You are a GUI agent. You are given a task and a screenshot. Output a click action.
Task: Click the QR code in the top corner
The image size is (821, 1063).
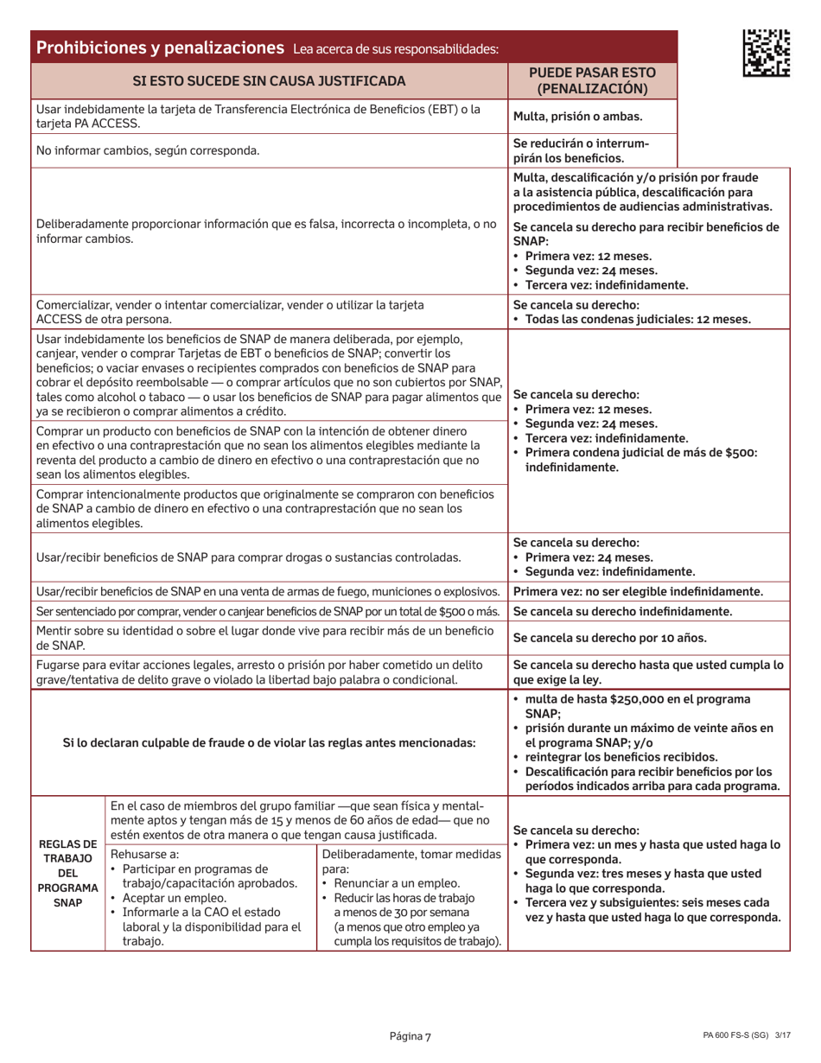click(x=766, y=51)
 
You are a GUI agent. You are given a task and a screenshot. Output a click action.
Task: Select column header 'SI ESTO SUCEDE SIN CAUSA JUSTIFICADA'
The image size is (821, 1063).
click(x=269, y=81)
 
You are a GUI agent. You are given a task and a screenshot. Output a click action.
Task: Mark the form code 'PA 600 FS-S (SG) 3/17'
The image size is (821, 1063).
click(x=740, y=1037)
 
